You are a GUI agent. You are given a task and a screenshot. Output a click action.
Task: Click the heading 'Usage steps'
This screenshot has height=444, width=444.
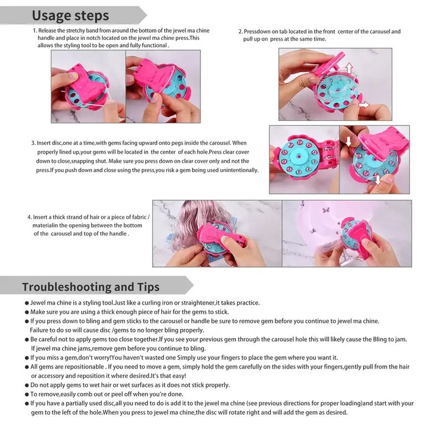pyautogui.click(x=70, y=16)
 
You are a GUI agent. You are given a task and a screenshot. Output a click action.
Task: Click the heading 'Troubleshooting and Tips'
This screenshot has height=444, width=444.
pyautogui.click(x=90, y=287)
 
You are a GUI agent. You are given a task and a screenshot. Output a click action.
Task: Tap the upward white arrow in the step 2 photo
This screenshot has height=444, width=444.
pyautogui.click(x=350, y=68)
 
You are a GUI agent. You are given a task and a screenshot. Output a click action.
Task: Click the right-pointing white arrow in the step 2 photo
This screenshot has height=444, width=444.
pyautogui.click(x=364, y=105)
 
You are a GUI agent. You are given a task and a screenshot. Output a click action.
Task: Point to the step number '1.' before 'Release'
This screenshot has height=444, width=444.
pyautogui.click(x=35, y=31)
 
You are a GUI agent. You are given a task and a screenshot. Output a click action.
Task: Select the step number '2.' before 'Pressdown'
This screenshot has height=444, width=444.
pyautogui.click(x=241, y=32)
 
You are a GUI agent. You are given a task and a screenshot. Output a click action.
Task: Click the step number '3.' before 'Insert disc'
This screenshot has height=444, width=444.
pyautogui.click(x=33, y=143)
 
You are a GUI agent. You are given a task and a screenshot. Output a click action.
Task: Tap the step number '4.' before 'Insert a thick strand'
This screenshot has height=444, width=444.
pyautogui.click(x=30, y=217)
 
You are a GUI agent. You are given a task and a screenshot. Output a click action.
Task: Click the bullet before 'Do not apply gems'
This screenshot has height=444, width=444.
pyautogui.click(x=27, y=385)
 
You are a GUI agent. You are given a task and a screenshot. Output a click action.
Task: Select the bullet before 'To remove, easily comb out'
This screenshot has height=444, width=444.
pyautogui.click(x=27, y=395)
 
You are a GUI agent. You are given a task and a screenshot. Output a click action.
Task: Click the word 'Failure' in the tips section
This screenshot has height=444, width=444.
pyautogui.click(x=39, y=330)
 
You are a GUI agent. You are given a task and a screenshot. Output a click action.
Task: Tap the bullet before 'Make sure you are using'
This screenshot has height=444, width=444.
pyautogui.click(x=27, y=312)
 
